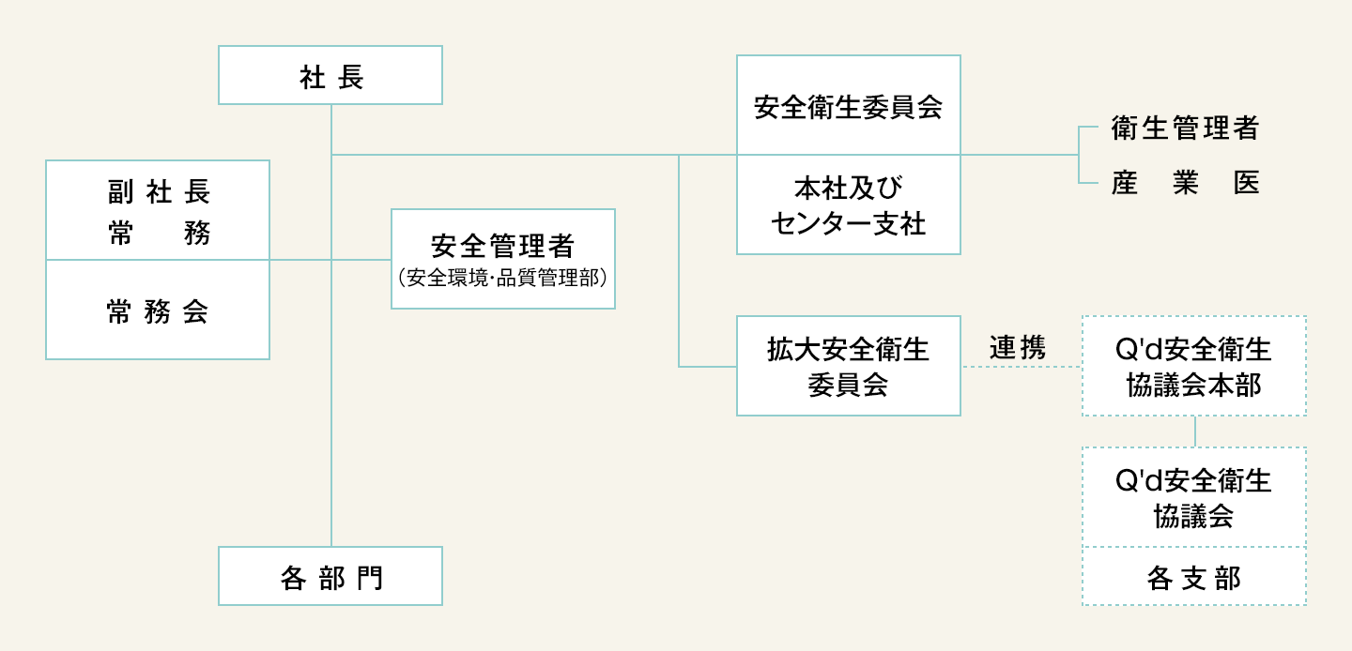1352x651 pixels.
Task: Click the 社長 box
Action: (330, 75)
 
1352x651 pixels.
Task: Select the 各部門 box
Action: (330, 576)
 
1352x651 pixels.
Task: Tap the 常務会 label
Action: (158, 311)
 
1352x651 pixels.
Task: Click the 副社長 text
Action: (159, 191)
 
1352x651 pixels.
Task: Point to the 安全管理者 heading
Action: (503, 246)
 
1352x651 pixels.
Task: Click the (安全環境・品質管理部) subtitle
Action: (503, 278)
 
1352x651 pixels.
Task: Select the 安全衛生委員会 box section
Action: (849, 105)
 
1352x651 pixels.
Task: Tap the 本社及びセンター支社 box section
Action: (849, 204)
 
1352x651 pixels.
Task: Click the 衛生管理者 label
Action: (1185, 129)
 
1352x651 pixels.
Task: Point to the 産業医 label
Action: (1185, 183)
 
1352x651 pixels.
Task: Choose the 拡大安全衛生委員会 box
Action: (849, 366)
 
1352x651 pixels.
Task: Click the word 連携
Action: (1018, 348)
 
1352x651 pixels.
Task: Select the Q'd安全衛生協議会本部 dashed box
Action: (1194, 366)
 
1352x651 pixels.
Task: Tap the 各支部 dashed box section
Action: (1194, 576)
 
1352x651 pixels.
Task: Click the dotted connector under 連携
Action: (1022, 367)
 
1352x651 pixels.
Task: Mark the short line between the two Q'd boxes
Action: (1195, 431)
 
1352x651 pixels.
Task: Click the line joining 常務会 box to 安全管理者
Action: (330, 260)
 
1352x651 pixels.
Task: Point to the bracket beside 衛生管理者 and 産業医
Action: (1079, 155)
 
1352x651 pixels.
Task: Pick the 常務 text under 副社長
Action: (159, 233)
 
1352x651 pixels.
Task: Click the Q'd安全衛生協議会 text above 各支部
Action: (1194, 498)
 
